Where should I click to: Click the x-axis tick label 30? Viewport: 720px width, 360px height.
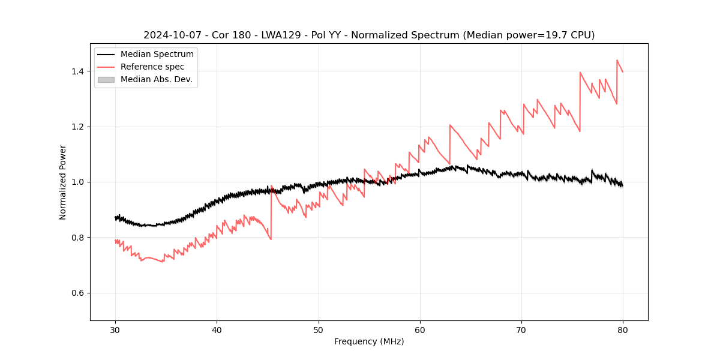point(115,329)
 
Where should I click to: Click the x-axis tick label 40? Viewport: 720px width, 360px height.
point(217,329)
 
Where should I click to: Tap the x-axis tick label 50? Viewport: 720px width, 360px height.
point(319,329)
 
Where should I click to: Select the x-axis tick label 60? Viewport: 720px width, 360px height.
point(420,329)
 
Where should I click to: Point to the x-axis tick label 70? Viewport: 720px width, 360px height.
point(521,329)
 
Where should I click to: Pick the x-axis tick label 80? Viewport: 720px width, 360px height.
point(623,329)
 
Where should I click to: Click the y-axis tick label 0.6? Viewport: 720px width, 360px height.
point(77,293)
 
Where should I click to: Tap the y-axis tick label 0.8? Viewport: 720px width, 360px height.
point(77,238)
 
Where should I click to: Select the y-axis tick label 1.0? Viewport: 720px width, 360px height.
point(77,182)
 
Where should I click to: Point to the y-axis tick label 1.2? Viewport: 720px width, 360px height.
point(77,127)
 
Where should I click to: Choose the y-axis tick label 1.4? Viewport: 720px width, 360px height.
point(77,71)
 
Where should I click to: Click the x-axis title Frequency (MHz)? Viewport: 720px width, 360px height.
point(369,341)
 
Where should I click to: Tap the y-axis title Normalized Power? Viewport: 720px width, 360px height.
point(63,182)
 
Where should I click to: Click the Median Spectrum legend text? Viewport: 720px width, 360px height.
point(157,55)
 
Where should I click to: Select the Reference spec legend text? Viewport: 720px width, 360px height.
point(152,67)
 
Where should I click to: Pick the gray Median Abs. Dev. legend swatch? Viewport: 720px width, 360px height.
point(106,79)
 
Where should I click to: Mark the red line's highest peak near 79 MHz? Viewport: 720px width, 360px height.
point(617,60)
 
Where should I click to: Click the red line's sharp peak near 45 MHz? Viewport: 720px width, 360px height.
point(272,186)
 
